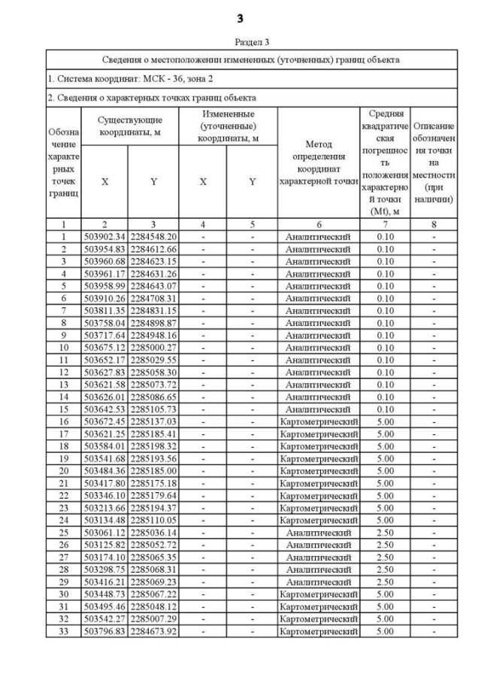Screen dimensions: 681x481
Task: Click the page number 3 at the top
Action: tap(240, 17)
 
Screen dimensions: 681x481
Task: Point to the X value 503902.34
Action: tap(104, 236)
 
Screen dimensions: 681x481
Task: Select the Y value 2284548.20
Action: tap(153, 236)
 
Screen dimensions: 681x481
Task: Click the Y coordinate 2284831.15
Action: tap(153, 310)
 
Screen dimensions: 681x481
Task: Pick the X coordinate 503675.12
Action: tap(104, 347)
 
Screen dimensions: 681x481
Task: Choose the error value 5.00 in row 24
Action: tap(385, 519)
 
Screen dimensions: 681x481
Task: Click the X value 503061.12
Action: tap(104, 532)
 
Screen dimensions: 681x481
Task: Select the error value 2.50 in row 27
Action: tap(385, 557)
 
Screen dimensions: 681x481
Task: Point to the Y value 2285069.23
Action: tap(153, 582)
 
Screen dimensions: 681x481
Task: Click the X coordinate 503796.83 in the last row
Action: tap(104, 631)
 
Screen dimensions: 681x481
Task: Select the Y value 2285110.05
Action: tap(153, 519)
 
